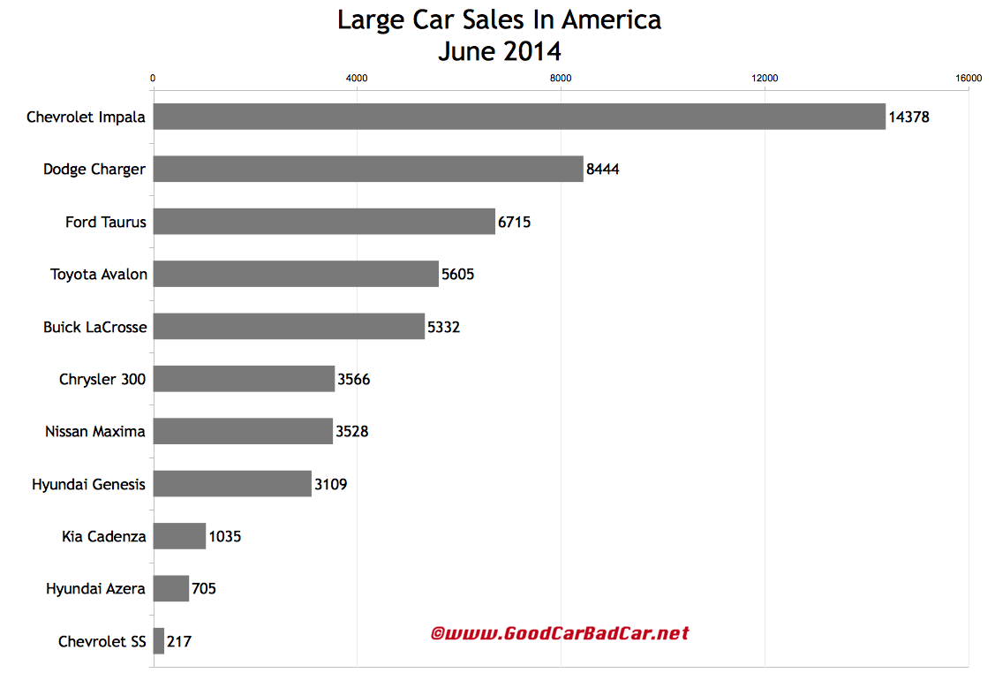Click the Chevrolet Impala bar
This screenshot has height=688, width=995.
519,117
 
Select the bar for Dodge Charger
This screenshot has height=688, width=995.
368,169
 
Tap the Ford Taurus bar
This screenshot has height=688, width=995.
324,222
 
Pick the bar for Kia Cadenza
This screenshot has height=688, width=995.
179,536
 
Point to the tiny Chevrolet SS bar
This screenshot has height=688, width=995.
159,641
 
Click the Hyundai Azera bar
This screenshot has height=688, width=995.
171,588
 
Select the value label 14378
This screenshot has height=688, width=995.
908,117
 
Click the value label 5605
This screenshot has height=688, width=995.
458,274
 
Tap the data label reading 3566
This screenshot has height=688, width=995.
354,380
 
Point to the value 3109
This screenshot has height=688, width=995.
331,484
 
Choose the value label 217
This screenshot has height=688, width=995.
178,641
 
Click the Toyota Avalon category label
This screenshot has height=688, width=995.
98,274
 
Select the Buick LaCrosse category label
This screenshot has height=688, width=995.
94,327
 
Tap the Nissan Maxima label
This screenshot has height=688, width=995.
95,432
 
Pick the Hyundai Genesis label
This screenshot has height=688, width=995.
88,484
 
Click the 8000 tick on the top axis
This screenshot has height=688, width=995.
561,78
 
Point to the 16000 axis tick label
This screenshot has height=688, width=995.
969,78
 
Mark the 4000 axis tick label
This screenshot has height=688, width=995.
357,78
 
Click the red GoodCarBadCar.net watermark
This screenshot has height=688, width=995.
560,633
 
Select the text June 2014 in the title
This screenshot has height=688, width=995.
499,50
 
